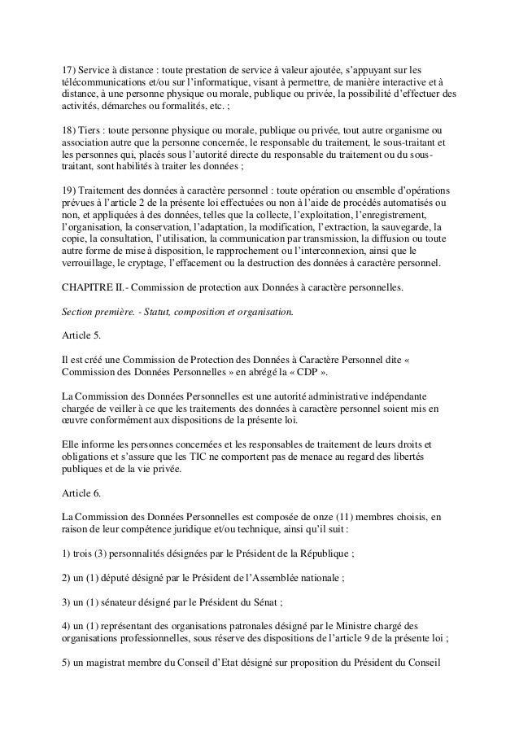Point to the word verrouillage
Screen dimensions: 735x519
(92, 265)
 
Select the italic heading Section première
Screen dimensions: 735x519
(97, 313)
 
